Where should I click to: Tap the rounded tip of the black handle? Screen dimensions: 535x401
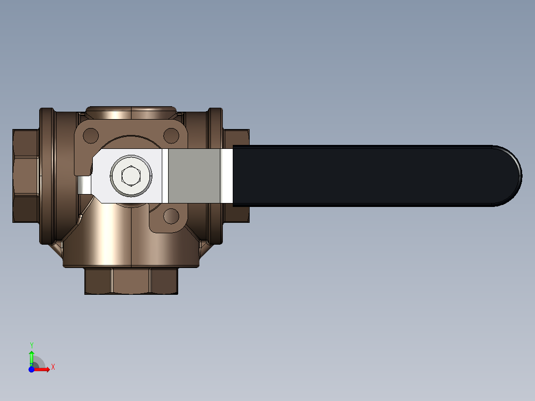click(x=521, y=176)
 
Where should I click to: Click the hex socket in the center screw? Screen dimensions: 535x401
click(x=131, y=176)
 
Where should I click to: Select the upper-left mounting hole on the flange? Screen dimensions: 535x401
click(x=91, y=135)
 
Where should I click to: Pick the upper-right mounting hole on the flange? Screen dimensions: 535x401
click(x=171, y=135)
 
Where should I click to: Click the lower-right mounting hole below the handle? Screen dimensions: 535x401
click(x=171, y=216)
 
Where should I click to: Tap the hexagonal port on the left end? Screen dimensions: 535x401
click(x=26, y=176)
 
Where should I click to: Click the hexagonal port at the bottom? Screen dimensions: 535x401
click(x=131, y=281)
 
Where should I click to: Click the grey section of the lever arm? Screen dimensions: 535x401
click(x=194, y=176)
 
